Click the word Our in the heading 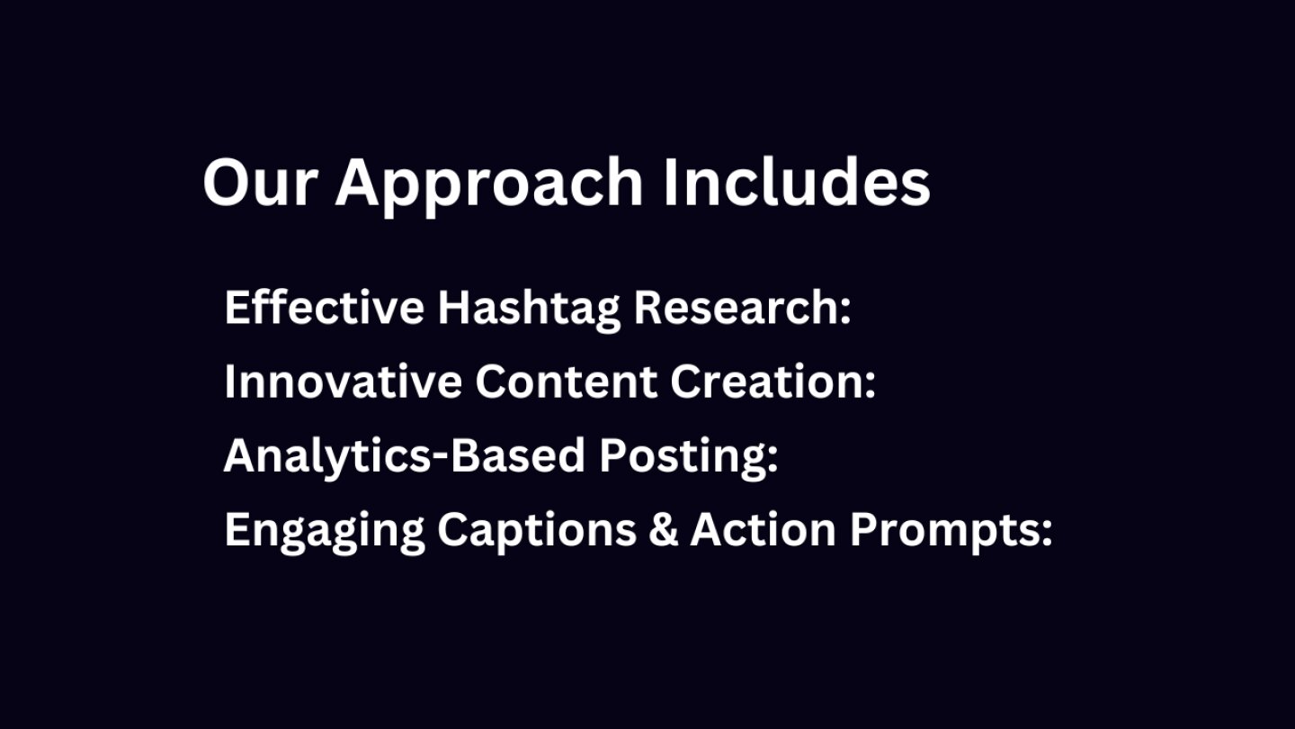pyautogui.click(x=260, y=182)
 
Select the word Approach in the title pyautogui.click(x=489, y=186)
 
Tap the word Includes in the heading pyautogui.click(x=797, y=181)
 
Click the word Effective pyautogui.click(x=325, y=307)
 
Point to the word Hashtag pyautogui.click(x=529, y=310)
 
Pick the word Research pyautogui.click(x=737, y=307)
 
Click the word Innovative pyautogui.click(x=344, y=382)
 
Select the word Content pyautogui.click(x=567, y=382)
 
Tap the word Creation pyautogui.click(x=767, y=382)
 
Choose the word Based pyautogui.click(x=517, y=455)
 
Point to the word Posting pyautogui.click(x=683, y=458)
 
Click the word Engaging pyautogui.click(x=325, y=532)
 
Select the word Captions pyautogui.click(x=537, y=532)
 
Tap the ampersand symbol pyautogui.click(x=663, y=529)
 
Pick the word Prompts pyautogui.click(x=944, y=532)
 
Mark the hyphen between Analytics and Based pyautogui.click(x=441, y=459)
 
